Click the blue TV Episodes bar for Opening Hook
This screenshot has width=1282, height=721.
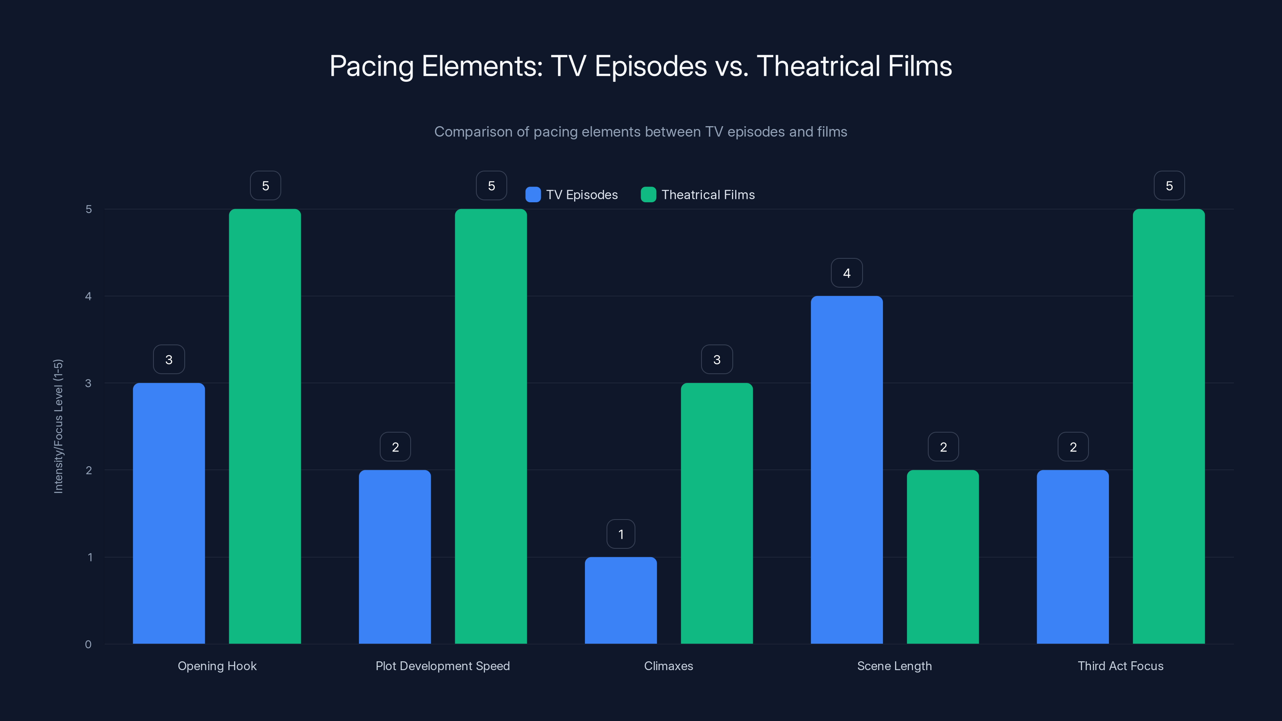pos(169,513)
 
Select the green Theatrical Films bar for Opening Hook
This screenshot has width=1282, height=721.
pos(265,426)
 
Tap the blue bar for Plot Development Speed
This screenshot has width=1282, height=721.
pos(395,556)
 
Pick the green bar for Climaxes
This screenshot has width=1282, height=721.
pos(717,513)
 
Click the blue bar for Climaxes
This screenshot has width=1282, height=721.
pos(621,600)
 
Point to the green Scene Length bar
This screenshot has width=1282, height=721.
pos(943,556)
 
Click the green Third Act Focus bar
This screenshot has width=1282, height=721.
pos(1169,426)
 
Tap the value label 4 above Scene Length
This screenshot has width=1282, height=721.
pos(847,273)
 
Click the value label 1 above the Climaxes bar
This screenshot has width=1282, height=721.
pos(621,534)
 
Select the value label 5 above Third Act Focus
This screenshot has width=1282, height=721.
pos(1169,185)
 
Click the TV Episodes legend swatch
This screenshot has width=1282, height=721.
pos(533,195)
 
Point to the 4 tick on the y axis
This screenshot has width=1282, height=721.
pos(89,296)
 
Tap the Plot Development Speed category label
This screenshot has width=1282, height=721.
pos(442,666)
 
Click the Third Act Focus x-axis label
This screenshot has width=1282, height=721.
pos(1120,666)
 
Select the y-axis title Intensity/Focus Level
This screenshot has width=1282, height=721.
pos(58,426)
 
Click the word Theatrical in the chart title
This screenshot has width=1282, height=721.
pos(818,66)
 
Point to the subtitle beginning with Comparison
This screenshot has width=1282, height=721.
pos(641,131)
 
